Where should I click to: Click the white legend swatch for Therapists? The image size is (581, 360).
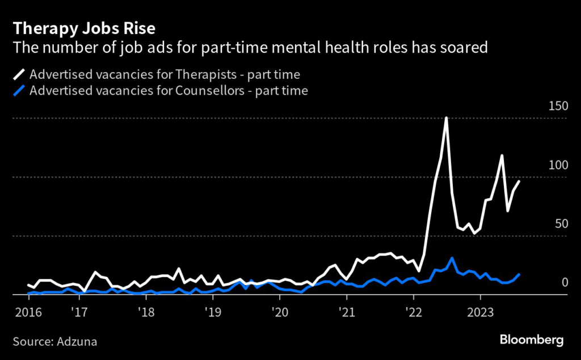pyautogui.click(x=20, y=74)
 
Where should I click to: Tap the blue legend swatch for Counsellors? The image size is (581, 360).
pyautogui.click(x=20, y=91)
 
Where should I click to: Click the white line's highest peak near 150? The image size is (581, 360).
pyautogui.click(x=447, y=118)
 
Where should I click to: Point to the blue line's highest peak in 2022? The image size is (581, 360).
pyautogui.click(x=452, y=258)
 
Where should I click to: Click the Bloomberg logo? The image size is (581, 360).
pyautogui.click(x=531, y=340)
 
